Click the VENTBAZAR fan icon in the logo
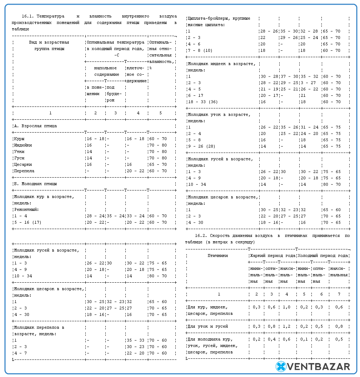point(281,366)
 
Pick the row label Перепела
point(24,171)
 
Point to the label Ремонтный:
point(26,209)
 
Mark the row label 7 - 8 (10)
point(200,50)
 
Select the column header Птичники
point(217,256)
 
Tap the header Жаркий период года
point(272,256)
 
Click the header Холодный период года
point(322,256)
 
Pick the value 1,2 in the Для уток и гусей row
point(286,326)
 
